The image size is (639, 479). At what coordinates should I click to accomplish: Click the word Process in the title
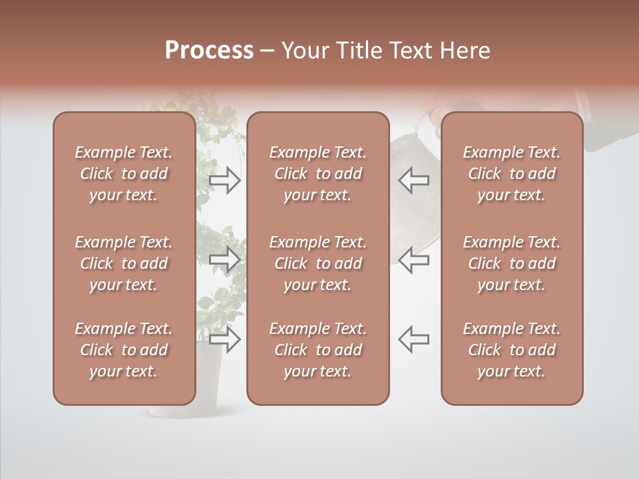pyautogui.click(x=209, y=51)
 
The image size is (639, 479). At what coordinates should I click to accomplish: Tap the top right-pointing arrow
pyautogui.click(x=224, y=180)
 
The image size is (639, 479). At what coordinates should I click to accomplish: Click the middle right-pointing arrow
pyautogui.click(x=224, y=259)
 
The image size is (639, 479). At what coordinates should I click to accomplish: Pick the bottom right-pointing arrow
pyautogui.click(x=224, y=339)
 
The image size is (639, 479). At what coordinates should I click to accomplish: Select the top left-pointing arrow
pyautogui.click(x=414, y=180)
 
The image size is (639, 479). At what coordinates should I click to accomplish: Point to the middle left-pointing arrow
pyautogui.click(x=414, y=259)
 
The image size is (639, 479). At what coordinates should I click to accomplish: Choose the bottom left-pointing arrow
pyautogui.click(x=414, y=339)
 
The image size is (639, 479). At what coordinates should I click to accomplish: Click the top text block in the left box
pyautogui.click(x=124, y=174)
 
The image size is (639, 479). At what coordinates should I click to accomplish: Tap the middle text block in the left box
pyautogui.click(x=124, y=263)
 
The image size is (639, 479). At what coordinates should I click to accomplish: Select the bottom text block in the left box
pyautogui.click(x=124, y=350)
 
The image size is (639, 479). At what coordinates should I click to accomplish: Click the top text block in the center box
pyautogui.click(x=318, y=174)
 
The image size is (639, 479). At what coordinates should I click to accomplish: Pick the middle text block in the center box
pyautogui.click(x=318, y=263)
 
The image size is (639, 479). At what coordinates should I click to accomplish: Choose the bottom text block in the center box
pyautogui.click(x=318, y=350)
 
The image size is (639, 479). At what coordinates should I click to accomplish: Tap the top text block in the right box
pyautogui.click(x=511, y=174)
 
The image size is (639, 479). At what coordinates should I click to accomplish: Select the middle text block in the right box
pyautogui.click(x=511, y=263)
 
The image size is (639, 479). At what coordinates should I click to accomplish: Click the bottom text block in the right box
pyautogui.click(x=511, y=350)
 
